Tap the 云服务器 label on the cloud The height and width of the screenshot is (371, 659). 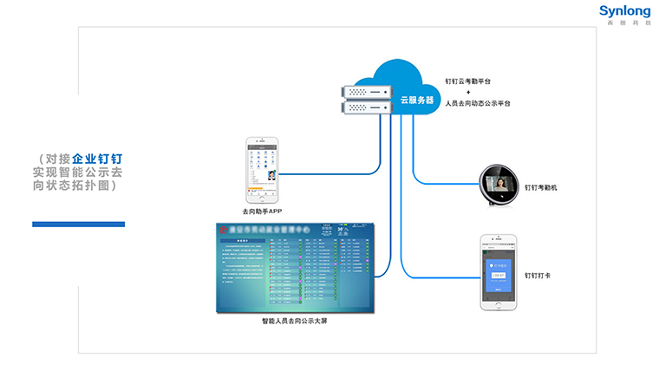click(x=416, y=99)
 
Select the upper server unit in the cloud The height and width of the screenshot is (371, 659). click(x=368, y=91)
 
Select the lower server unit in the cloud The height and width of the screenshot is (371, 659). click(x=368, y=107)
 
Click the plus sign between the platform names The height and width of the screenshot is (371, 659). click(x=468, y=92)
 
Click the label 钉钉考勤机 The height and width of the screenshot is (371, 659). click(x=543, y=186)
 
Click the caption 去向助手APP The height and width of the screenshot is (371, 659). click(x=263, y=211)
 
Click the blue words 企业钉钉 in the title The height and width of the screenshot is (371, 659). click(x=97, y=159)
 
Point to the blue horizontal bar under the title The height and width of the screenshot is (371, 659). click(x=78, y=225)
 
